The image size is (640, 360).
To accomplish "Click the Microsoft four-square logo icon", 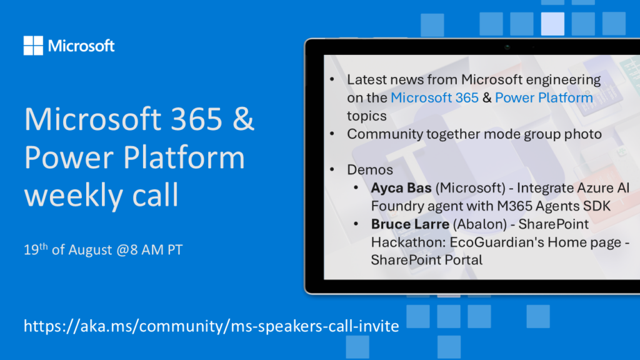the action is (x=33, y=45).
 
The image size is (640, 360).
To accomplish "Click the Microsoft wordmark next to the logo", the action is (x=81, y=46).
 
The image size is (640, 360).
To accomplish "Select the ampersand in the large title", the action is (x=244, y=119).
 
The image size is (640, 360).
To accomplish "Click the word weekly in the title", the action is (x=74, y=195).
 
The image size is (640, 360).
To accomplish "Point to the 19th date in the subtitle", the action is (x=36, y=249).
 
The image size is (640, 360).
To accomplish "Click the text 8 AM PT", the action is (x=156, y=249).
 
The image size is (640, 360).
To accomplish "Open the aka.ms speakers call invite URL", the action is (x=211, y=326).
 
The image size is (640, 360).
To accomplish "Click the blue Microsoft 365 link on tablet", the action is (x=434, y=97).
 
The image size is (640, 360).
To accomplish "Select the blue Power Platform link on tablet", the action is (x=544, y=97).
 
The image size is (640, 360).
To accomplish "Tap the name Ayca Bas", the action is (x=401, y=187).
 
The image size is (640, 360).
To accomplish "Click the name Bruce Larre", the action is (x=410, y=224).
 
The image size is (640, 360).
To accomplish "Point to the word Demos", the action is (x=370, y=170).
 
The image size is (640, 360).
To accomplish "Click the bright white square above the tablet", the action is (x=552, y=24).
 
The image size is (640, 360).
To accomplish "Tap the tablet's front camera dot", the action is (x=507, y=47).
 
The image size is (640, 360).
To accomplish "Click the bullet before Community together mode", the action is (x=332, y=134).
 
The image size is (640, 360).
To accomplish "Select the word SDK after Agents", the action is (x=597, y=206).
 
